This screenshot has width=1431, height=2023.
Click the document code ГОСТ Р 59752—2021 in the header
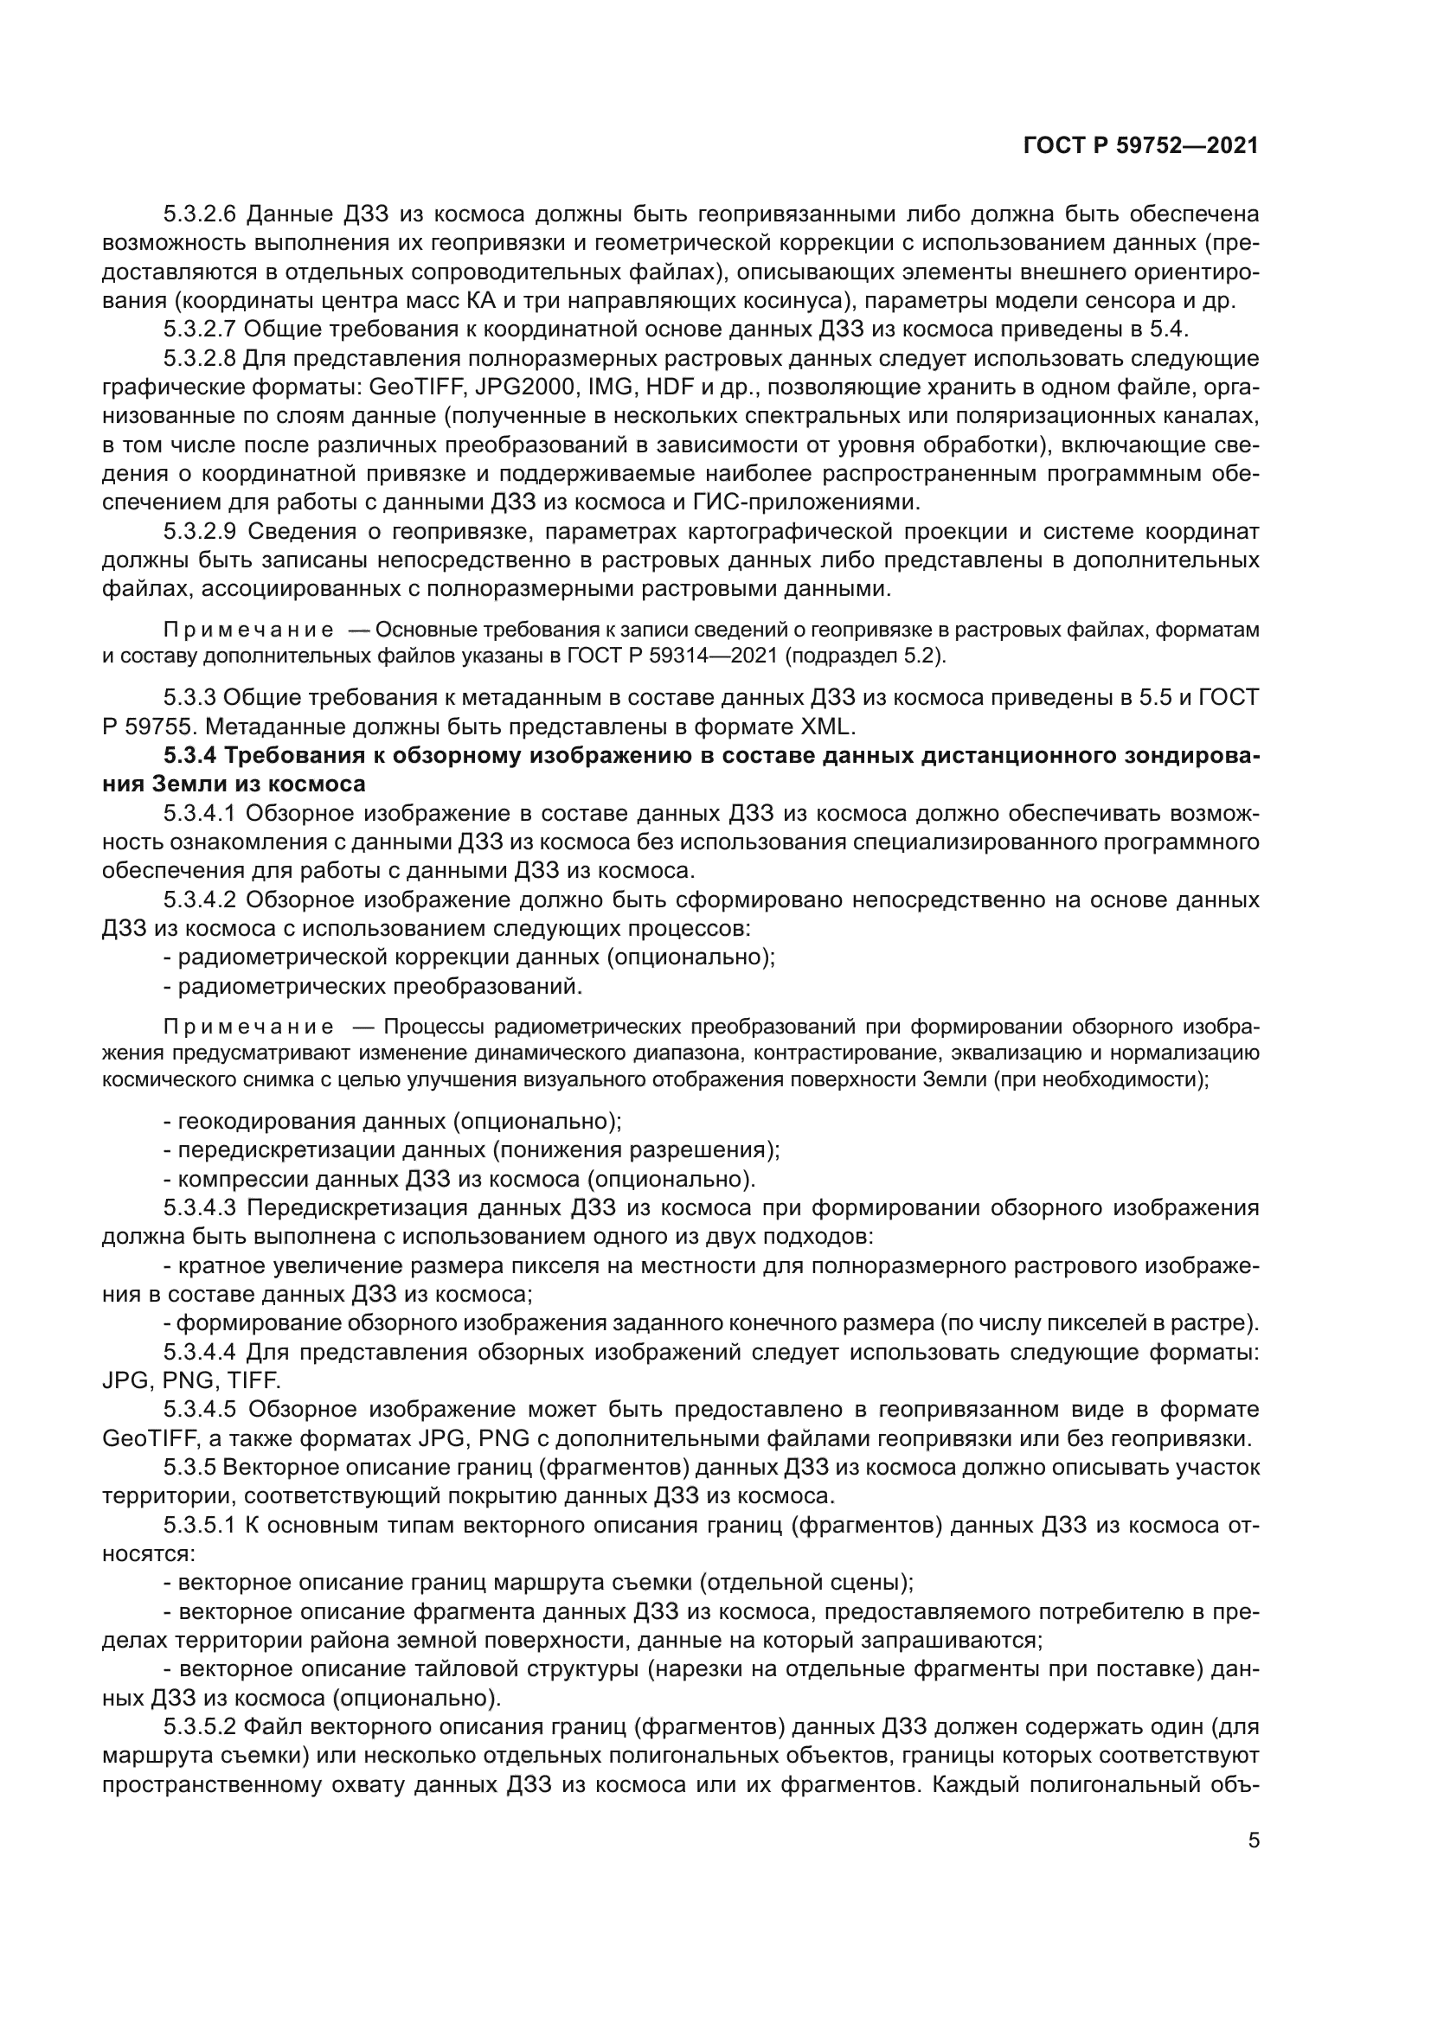pyautogui.click(x=1140, y=146)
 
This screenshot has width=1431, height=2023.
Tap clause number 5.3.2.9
pyautogui.click(x=201, y=531)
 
